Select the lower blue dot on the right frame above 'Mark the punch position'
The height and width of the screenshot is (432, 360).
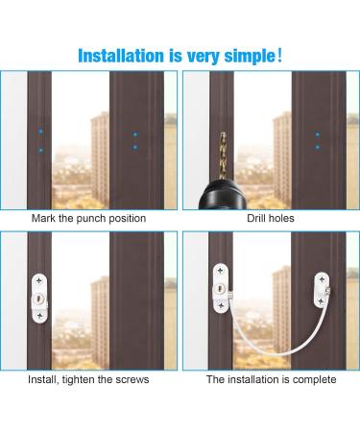pos(134,149)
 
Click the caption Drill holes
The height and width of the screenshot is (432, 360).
pos(271,219)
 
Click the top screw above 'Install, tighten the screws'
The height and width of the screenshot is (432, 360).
pos(39,279)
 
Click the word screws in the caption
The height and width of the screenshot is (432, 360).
pos(131,380)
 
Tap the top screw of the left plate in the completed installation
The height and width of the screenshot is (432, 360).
pos(221,269)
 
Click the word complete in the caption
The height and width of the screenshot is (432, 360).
pos(315,380)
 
